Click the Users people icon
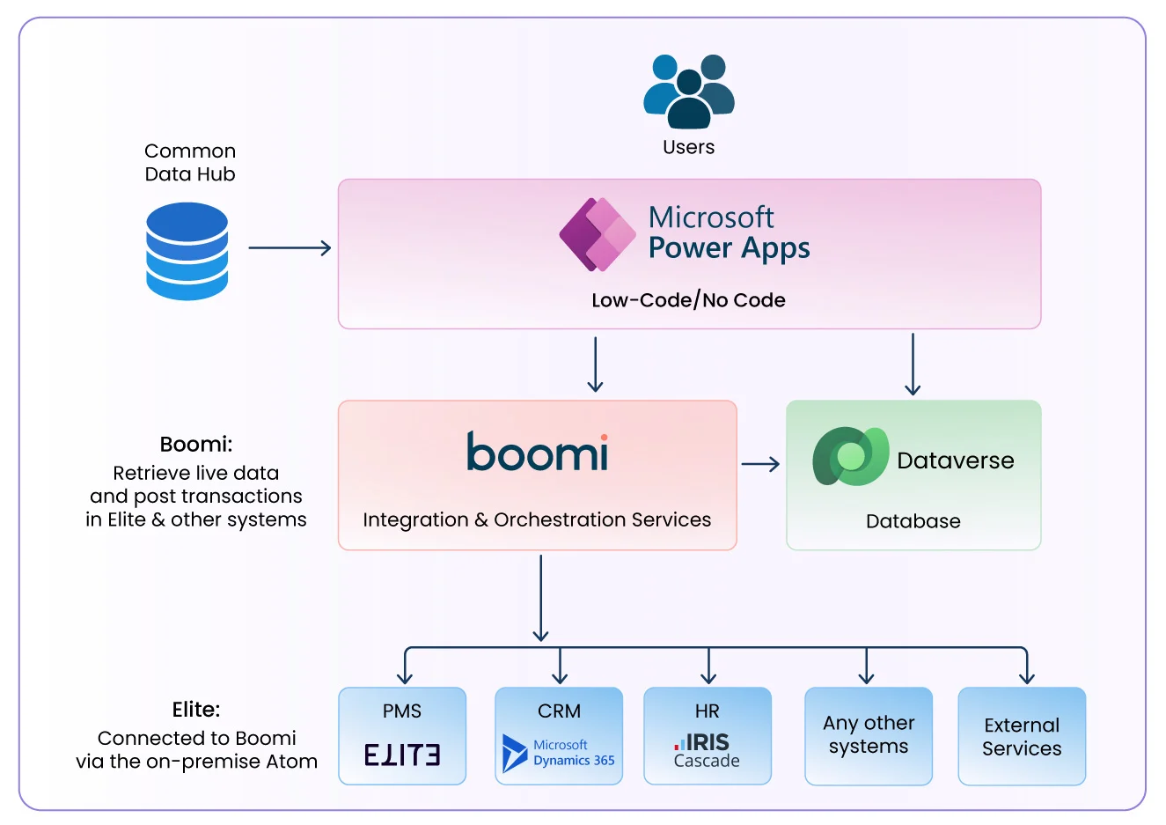[688, 91]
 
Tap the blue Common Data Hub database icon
[187, 251]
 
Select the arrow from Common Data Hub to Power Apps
[290, 248]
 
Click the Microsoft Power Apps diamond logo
[598, 235]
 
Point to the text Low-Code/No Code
[688, 300]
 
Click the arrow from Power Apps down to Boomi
[596, 364]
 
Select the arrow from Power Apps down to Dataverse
[913, 364]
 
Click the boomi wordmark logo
[537, 452]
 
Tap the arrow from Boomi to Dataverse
[760, 464]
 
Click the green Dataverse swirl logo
[850, 456]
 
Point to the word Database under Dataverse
[913, 521]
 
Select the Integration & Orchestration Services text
[537, 520]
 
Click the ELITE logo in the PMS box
[402, 755]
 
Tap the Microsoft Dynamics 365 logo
[558, 754]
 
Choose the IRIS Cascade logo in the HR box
[707, 751]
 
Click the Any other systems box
[868, 736]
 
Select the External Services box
[1022, 736]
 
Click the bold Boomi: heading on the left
[196, 445]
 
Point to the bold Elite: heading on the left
[196, 710]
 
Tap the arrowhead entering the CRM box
[560, 677]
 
